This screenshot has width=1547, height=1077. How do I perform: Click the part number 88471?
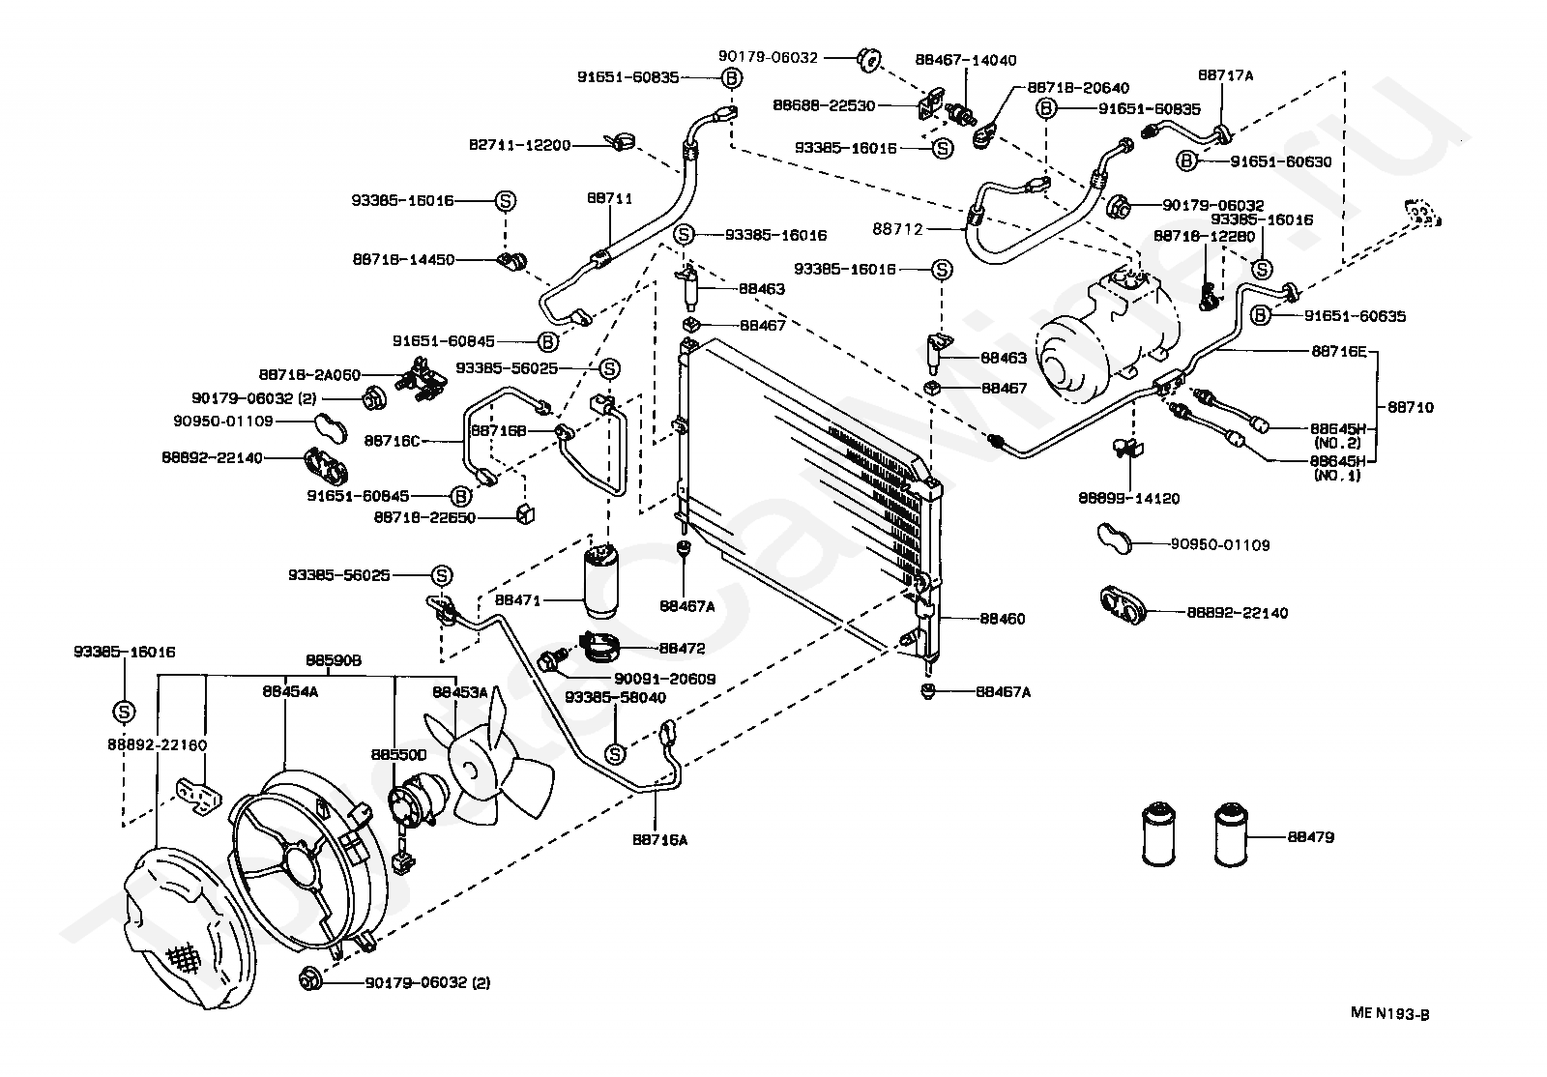518,600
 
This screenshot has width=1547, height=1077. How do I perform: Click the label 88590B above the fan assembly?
334,660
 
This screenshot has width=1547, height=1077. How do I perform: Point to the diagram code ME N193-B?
1390,1013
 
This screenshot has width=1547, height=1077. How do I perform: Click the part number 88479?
1311,836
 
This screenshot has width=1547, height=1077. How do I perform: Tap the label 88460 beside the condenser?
1003,619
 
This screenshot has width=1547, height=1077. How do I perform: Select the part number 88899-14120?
1129,499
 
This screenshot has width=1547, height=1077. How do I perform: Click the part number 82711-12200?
520,145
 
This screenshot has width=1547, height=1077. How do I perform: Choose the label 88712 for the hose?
898,229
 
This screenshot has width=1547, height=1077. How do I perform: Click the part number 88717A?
1226,75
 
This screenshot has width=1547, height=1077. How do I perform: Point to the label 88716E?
1339,351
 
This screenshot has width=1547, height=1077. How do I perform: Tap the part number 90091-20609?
665,679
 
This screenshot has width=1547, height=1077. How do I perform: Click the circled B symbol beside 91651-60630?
1186,160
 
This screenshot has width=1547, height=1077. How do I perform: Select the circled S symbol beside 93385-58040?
615,755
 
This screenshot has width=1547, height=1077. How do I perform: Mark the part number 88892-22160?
158,745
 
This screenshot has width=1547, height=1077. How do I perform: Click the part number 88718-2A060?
310,375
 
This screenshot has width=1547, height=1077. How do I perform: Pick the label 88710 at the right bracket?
1411,407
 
